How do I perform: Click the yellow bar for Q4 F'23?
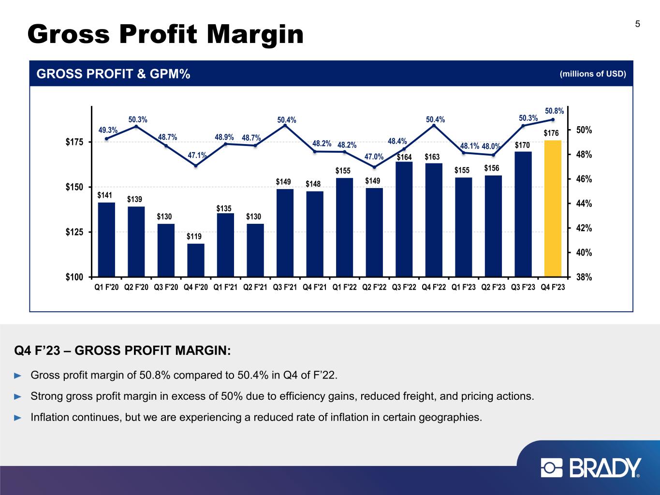[x=553, y=208]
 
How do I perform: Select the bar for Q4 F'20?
[x=196, y=260]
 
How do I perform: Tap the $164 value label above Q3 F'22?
[x=404, y=157]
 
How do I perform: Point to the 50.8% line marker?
[x=553, y=120]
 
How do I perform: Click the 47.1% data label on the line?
[x=197, y=155]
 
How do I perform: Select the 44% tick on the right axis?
[x=582, y=204]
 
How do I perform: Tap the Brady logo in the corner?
[x=591, y=468]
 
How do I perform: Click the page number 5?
[x=638, y=24]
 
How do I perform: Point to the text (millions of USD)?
[x=593, y=74]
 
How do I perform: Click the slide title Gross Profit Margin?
[x=165, y=34]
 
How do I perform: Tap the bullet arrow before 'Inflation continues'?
[x=18, y=417]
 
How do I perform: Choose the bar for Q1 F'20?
[x=106, y=239]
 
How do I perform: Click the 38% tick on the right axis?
[x=582, y=277]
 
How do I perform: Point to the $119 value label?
[x=194, y=236]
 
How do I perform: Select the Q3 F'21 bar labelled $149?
[x=285, y=233]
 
